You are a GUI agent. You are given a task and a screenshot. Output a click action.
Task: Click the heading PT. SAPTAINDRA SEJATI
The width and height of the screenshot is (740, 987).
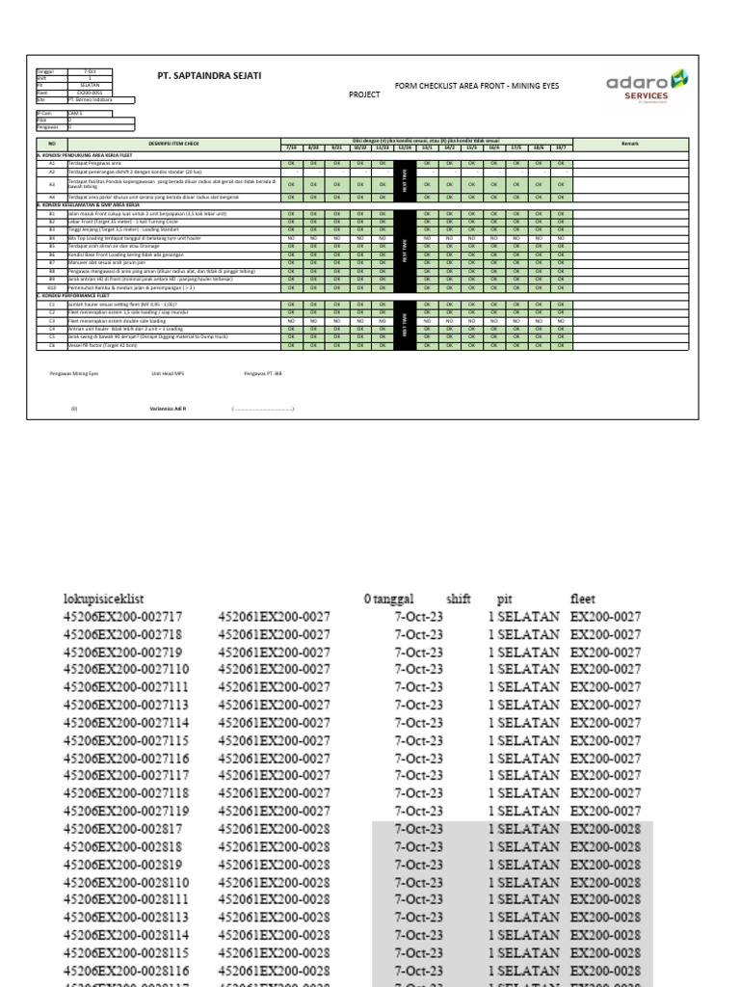click(x=209, y=75)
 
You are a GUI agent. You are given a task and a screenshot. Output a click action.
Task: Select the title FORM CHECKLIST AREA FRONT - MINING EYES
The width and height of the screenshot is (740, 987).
click(x=477, y=86)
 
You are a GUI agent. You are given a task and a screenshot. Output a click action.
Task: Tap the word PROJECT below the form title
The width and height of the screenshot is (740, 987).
click(x=364, y=95)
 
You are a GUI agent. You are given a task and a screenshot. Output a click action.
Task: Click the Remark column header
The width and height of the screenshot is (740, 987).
click(x=631, y=143)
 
